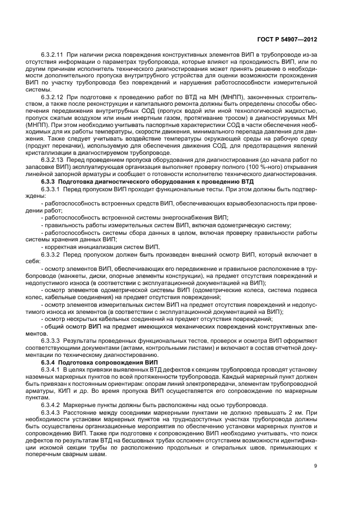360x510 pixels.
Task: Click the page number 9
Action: (315, 465)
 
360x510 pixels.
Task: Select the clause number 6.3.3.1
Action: (52, 188)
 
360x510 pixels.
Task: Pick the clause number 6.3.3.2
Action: (52, 254)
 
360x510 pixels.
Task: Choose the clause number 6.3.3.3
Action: (52, 340)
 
